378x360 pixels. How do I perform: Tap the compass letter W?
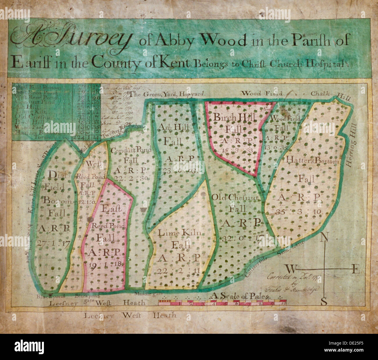[x=290, y=268]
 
